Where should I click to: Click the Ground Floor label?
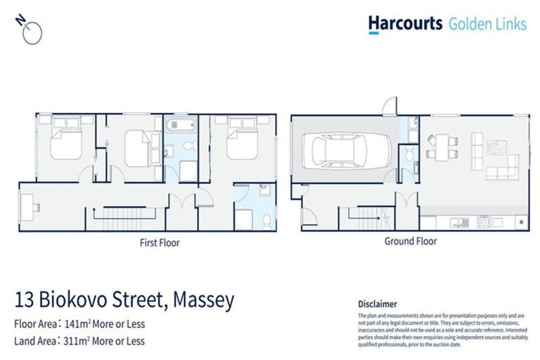click(410, 241)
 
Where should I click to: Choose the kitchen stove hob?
click(484, 222)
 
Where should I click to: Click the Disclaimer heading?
click(378, 304)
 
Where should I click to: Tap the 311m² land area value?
click(75, 341)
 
